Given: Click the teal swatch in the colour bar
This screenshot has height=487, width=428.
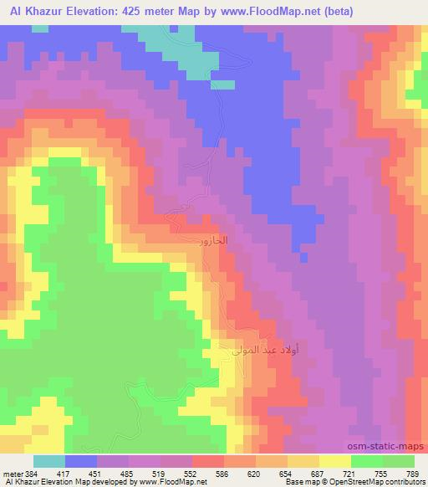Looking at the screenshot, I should tap(48, 461).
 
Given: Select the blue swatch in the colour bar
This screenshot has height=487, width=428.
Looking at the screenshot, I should tap(80, 461).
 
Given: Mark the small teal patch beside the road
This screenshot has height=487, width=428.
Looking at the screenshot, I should tap(222, 84).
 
